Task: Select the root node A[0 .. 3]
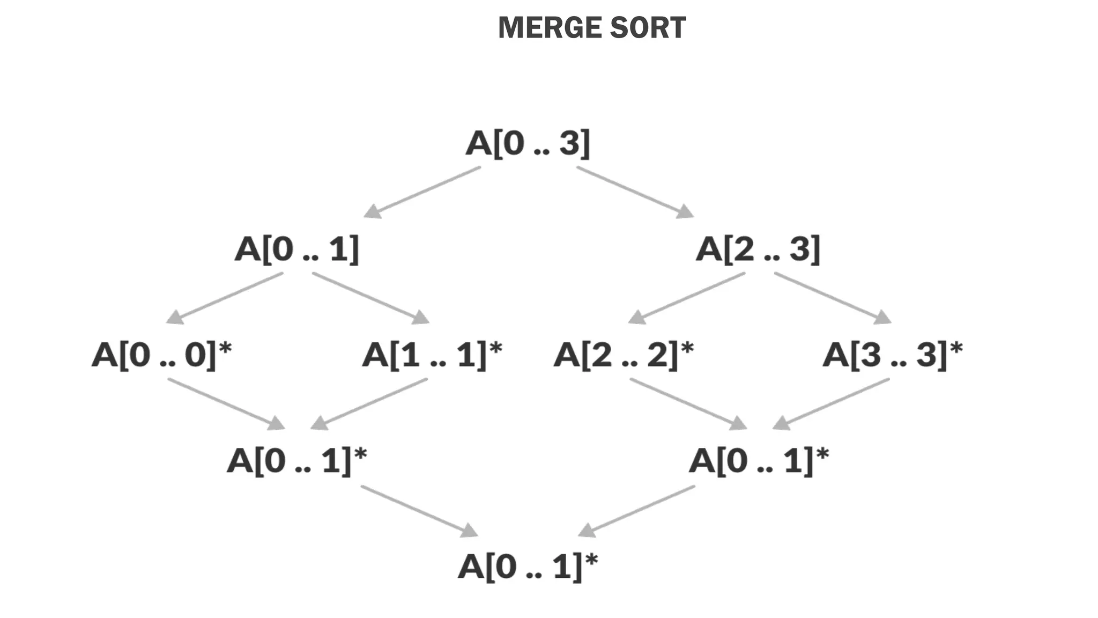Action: click(x=528, y=143)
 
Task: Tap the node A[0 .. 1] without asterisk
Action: click(x=296, y=249)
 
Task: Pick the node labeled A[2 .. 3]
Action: click(x=758, y=249)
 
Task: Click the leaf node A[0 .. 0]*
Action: click(x=161, y=355)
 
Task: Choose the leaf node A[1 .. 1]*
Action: click(x=432, y=355)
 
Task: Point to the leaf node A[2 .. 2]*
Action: click(x=623, y=355)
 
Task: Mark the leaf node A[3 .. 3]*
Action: click(x=892, y=355)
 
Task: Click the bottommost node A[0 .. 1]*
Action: click(x=528, y=566)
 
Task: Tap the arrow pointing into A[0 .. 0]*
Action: click(x=225, y=298)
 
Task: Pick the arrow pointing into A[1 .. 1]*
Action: click(x=370, y=298)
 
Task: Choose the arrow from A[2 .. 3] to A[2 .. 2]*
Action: click(x=687, y=298)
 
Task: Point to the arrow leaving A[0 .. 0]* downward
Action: click(x=226, y=404)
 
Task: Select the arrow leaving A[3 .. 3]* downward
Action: click(x=832, y=404)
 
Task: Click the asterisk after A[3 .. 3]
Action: click(x=956, y=349)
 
